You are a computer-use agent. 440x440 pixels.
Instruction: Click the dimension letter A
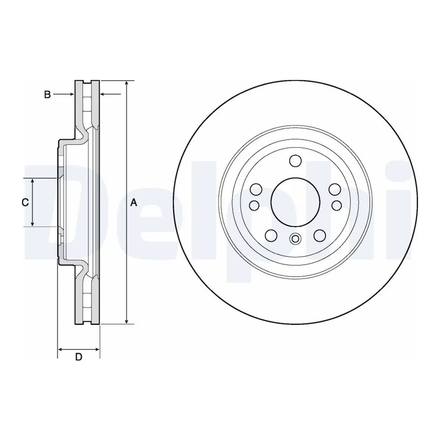133,202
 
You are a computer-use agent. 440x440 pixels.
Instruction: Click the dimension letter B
47,94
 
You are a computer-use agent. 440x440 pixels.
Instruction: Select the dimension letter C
25,202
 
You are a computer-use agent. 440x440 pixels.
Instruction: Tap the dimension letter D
79,357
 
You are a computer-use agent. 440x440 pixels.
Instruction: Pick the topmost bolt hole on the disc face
295,161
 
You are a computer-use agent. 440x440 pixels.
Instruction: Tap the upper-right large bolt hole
335,189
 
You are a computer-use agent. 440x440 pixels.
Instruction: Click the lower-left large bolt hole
271,235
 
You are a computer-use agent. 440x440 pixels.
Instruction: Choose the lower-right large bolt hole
319,235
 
